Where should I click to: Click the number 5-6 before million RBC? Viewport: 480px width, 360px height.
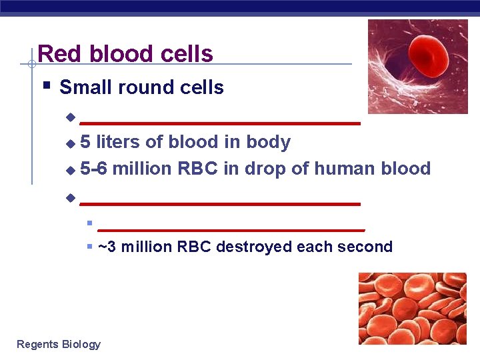(x=94, y=169)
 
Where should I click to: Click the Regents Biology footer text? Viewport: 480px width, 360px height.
(x=59, y=344)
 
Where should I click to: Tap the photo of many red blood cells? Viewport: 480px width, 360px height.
(x=412, y=308)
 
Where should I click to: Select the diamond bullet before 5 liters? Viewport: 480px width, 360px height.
(x=70, y=143)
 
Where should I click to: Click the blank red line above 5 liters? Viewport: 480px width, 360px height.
(x=220, y=123)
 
